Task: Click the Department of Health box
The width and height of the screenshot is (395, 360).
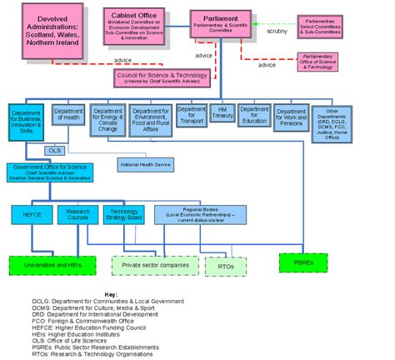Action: pyautogui.click(x=68, y=116)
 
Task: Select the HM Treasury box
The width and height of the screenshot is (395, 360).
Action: pyautogui.click(x=221, y=115)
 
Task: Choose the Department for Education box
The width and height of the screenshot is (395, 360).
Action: pyautogui.click(x=253, y=115)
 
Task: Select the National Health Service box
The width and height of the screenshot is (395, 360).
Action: pyautogui.click(x=146, y=164)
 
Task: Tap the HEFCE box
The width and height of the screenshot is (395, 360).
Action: pyautogui.click(x=31, y=213)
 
